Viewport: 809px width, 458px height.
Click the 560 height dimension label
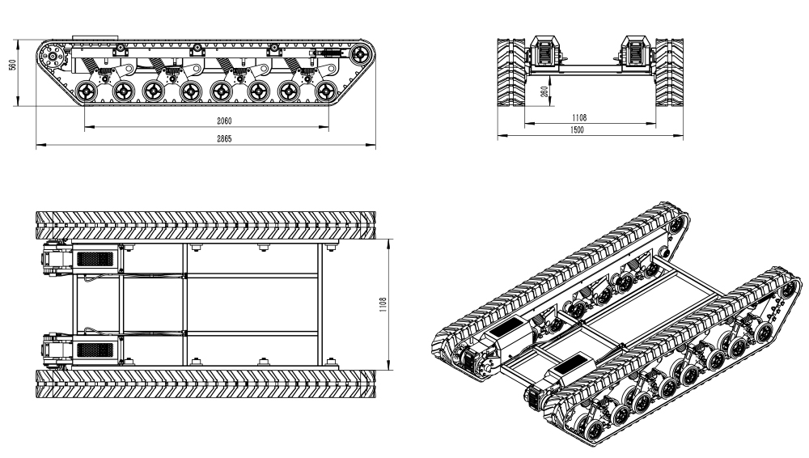click(13, 65)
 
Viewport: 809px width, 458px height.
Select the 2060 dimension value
click(224, 121)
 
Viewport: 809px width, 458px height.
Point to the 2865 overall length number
click(224, 138)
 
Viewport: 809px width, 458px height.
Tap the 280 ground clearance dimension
click(544, 91)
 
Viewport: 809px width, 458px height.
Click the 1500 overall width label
click(577, 130)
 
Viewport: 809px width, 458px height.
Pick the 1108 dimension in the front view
click(579, 117)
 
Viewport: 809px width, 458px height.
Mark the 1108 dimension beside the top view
click(383, 304)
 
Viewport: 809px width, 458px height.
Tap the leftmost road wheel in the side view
click(87, 92)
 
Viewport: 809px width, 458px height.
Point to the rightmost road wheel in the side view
click(325, 92)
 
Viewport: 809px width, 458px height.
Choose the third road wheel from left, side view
click(154, 92)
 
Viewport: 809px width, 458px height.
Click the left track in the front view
click(511, 72)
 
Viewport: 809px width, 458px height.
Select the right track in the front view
click(669, 72)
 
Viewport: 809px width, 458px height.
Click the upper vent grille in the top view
click(95, 259)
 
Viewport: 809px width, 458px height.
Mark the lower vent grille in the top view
click(95, 350)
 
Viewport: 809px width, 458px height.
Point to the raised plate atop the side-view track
click(95, 38)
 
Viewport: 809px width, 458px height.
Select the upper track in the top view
click(205, 225)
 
